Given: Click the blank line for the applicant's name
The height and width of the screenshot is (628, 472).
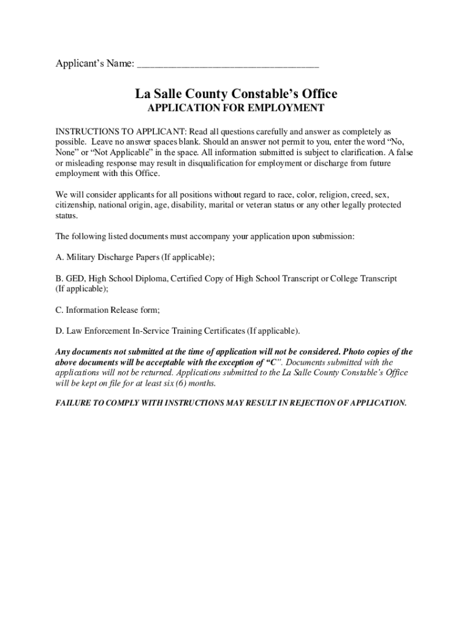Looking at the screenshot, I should [228, 65].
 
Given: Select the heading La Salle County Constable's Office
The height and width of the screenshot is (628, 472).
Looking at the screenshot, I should [236, 94].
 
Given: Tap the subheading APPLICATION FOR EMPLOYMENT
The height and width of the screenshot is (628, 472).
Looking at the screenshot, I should [236, 109].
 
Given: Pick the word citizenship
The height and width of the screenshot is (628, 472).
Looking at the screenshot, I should [74, 205].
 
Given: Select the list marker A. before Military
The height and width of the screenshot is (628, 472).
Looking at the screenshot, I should [59, 257].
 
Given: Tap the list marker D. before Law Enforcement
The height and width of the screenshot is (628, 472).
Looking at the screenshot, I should [59, 331].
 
